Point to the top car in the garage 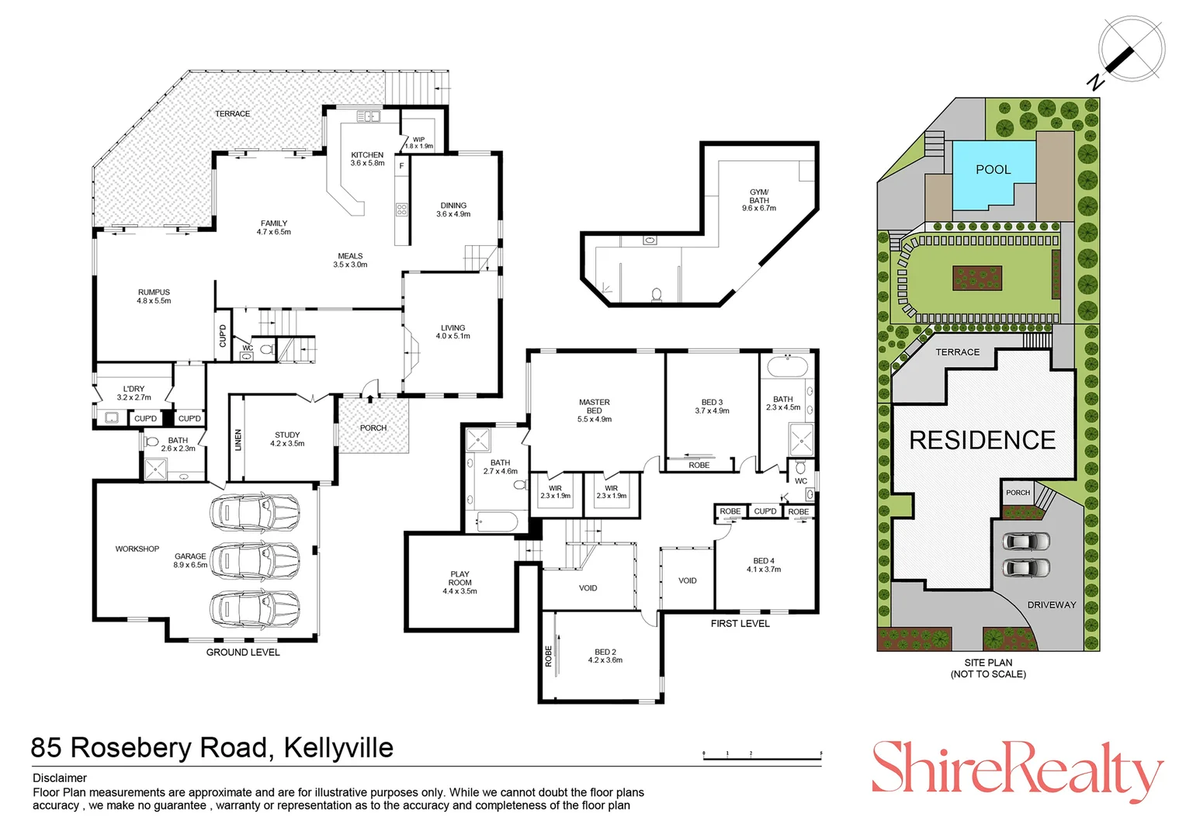[255, 511]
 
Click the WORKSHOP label [137, 549]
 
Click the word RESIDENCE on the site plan [982, 441]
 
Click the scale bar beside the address [762, 756]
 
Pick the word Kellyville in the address [338, 748]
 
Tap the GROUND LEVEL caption [243, 653]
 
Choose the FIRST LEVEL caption [740, 624]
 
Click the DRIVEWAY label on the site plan [1052, 605]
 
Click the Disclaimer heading [60, 778]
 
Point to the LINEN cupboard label [238, 440]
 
